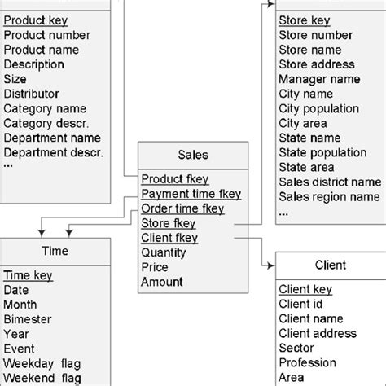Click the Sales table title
pos(192,155)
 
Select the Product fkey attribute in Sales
pos(174,179)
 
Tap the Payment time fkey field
pos(191,194)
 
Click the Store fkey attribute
pos(168,223)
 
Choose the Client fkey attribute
pos(169,238)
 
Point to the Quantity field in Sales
pos(163,252)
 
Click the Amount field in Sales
pos(161,282)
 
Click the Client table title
pos(330,265)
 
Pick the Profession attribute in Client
pos(307,362)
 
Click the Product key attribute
pos(36,20)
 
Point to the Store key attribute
pos(304,20)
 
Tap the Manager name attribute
pos(319,79)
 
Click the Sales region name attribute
pos(329,196)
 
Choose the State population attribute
pos(322,152)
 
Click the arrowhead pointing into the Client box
pos(270,265)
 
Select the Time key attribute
pos(29,276)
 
